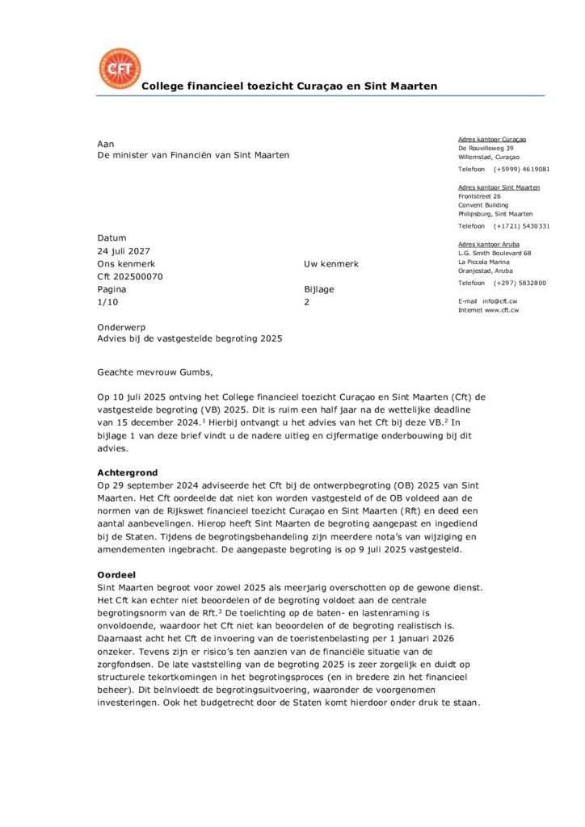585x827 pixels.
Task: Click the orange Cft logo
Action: click(119, 69)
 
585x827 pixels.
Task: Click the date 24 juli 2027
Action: click(129, 251)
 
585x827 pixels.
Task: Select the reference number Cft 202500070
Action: click(129, 276)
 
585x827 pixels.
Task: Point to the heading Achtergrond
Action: click(127, 472)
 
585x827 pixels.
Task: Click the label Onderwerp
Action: click(121, 327)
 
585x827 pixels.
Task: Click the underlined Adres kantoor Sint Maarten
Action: click(499, 187)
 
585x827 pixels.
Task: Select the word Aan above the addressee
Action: click(105, 143)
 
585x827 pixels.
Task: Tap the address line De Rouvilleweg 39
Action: click(486, 148)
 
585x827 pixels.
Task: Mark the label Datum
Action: click(112, 238)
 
